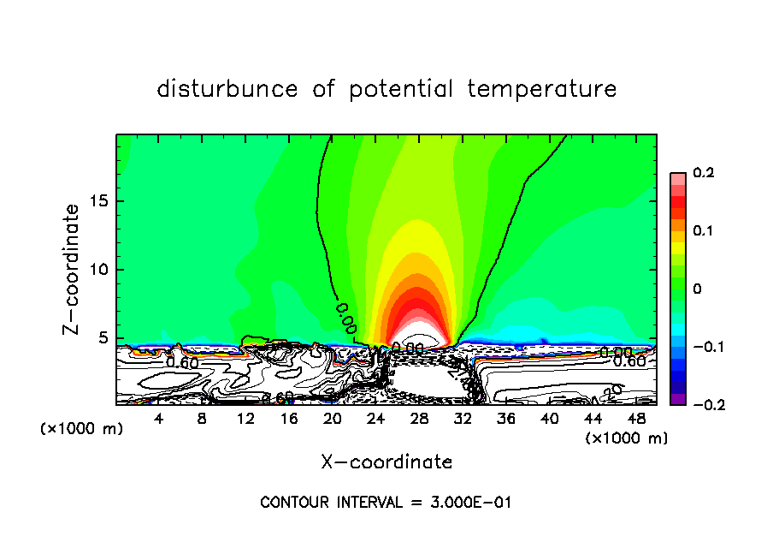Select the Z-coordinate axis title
click(x=73, y=269)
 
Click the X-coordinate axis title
click(x=386, y=462)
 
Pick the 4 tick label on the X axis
click(x=158, y=419)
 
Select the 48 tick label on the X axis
click(x=636, y=419)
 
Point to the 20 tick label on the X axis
click(x=332, y=419)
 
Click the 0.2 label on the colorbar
click(x=703, y=173)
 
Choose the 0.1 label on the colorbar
click(x=703, y=231)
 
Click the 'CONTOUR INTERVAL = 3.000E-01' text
click(x=386, y=503)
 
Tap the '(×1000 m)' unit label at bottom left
click(x=82, y=429)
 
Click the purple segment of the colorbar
click(x=677, y=399)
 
